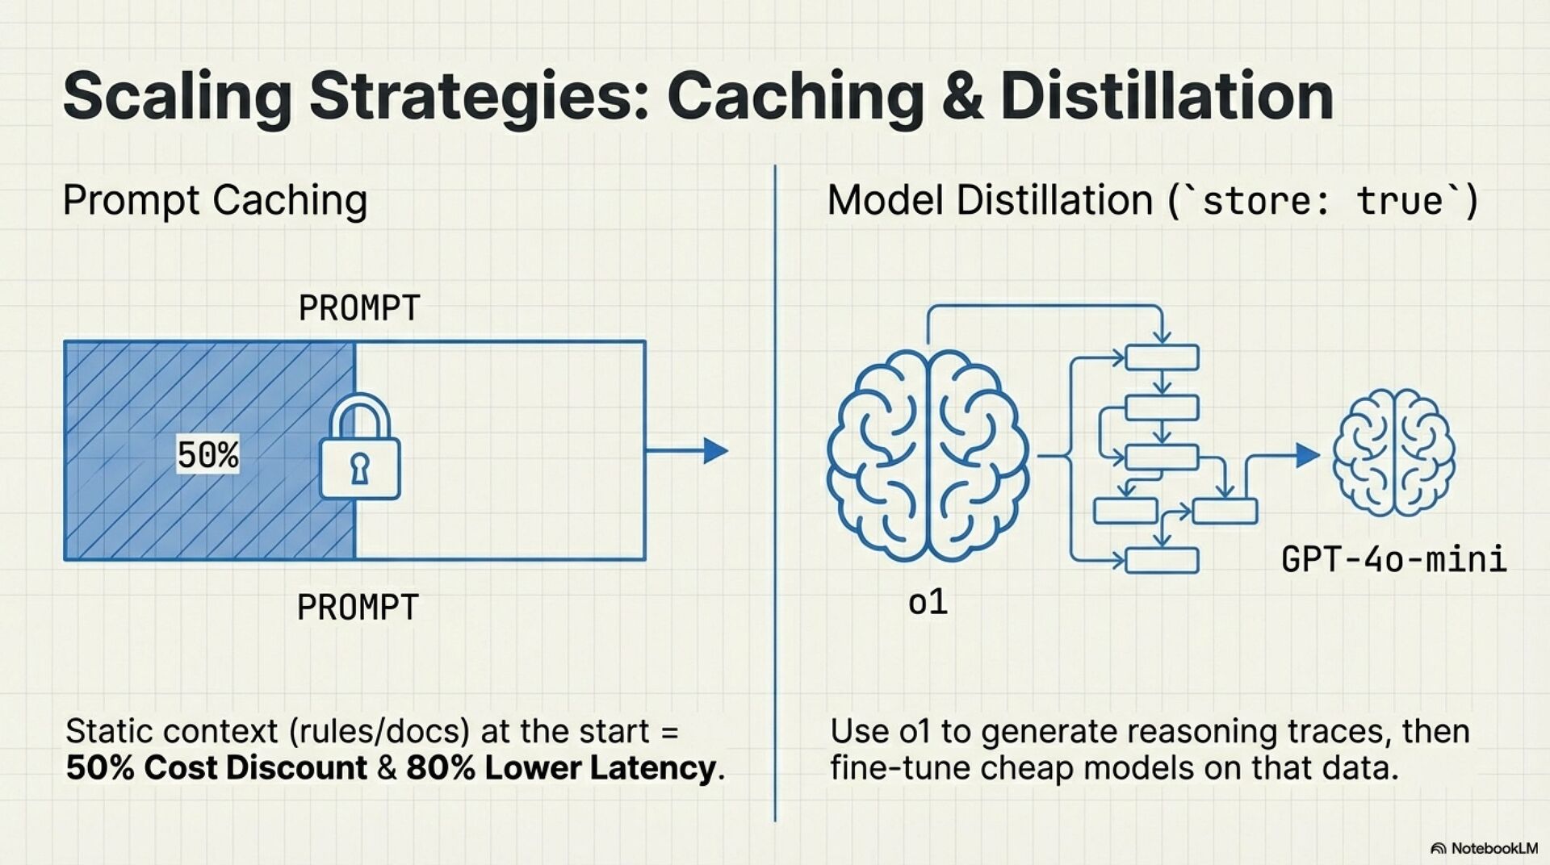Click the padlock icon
pyautogui.click(x=359, y=448)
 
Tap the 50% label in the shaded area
pyautogui.click(x=207, y=455)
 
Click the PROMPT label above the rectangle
pyautogui.click(x=359, y=308)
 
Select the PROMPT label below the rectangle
pyautogui.click(x=358, y=608)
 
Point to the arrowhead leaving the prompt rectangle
pyautogui.click(x=715, y=450)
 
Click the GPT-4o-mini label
pyautogui.click(x=1393, y=559)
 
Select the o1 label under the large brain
pyautogui.click(x=928, y=603)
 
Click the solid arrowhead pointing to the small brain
pyautogui.click(x=1307, y=455)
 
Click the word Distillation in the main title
pyautogui.click(x=1167, y=97)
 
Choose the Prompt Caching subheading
pyautogui.click(x=215, y=200)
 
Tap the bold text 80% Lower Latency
pyautogui.click(x=560, y=767)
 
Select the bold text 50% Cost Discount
pyautogui.click(x=216, y=767)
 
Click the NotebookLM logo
pyautogui.click(x=1484, y=848)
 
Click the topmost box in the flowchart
pyautogui.click(x=1162, y=357)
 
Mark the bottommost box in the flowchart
pyautogui.click(x=1162, y=560)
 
